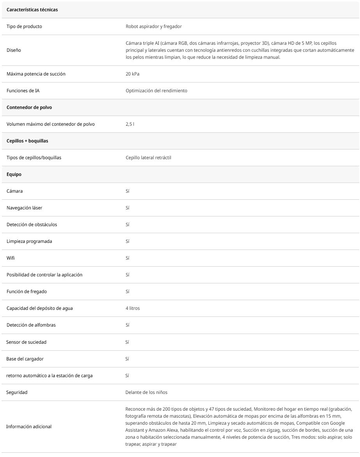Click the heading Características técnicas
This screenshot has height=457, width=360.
click(32, 10)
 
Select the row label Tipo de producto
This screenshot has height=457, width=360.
click(24, 26)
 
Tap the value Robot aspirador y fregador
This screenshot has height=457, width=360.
click(154, 26)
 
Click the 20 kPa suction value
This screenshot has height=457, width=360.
click(132, 74)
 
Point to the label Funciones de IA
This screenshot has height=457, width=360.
click(23, 91)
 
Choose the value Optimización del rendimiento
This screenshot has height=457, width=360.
click(156, 91)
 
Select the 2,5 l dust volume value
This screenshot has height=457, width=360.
click(130, 124)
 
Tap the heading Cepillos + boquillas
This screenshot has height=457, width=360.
click(27, 141)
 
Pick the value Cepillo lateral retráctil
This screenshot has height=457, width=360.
click(148, 158)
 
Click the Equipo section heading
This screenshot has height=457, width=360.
click(14, 174)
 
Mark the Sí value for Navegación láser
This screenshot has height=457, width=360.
click(127, 208)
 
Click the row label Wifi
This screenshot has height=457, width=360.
click(11, 258)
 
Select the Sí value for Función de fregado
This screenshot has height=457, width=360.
click(127, 292)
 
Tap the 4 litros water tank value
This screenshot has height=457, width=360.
click(132, 308)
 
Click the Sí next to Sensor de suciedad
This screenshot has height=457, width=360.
click(127, 342)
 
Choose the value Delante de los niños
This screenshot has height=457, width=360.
click(146, 392)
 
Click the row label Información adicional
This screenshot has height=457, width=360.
click(29, 427)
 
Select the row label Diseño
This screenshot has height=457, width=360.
click(14, 50)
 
